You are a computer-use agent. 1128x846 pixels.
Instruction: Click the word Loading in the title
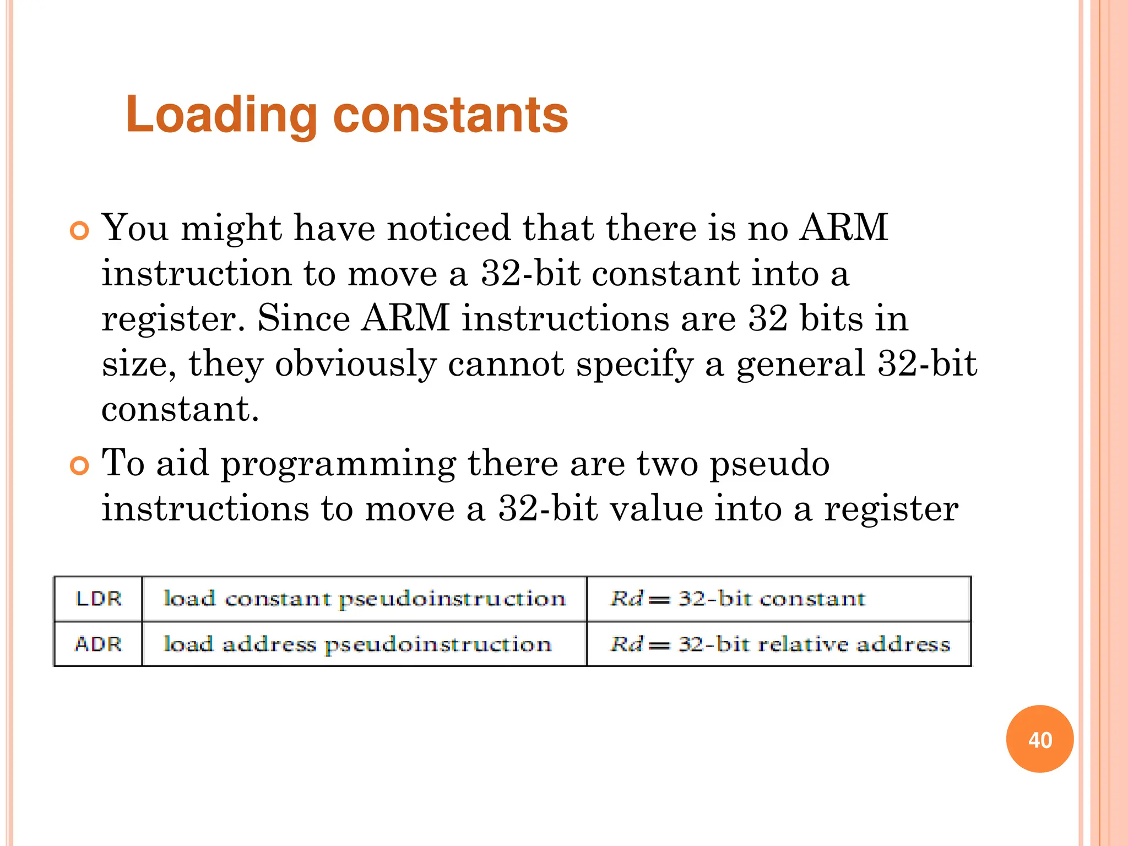[x=221, y=115]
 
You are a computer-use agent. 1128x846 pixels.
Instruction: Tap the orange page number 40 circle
[x=1039, y=739]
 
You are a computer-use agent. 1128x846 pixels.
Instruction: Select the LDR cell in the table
[x=98, y=599]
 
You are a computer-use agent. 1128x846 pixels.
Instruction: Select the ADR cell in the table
[x=98, y=644]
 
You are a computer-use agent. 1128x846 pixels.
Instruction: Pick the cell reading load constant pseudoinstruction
[x=365, y=599]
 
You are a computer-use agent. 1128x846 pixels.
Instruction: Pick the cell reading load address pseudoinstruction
[x=358, y=644]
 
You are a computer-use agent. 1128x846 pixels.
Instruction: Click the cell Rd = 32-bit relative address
[x=779, y=644]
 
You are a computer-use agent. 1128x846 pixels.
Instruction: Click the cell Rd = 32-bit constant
[x=737, y=599]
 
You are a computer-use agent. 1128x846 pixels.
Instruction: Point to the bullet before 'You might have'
[x=80, y=231]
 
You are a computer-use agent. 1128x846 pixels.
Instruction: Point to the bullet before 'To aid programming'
[x=80, y=466]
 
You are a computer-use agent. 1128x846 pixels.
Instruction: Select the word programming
[x=338, y=464]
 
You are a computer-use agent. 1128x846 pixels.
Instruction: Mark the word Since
[x=303, y=318]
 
